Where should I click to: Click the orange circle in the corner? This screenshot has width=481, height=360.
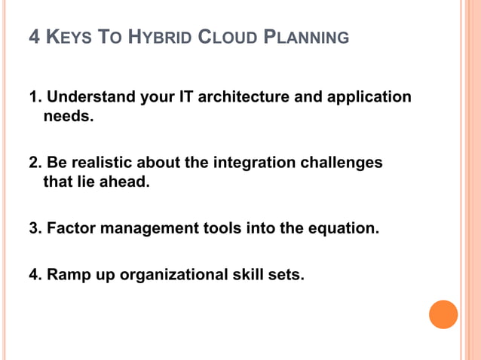[443, 314]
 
